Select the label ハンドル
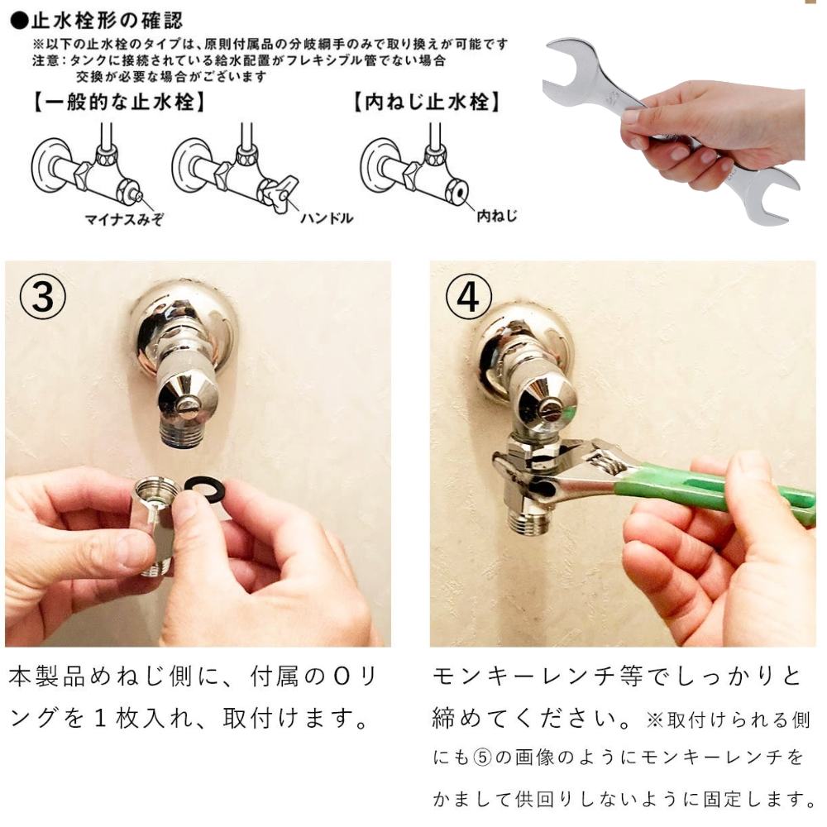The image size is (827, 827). click(x=326, y=218)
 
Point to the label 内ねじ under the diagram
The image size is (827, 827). click(x=497, y=216)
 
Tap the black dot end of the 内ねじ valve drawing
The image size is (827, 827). click(x=456, y=191)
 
